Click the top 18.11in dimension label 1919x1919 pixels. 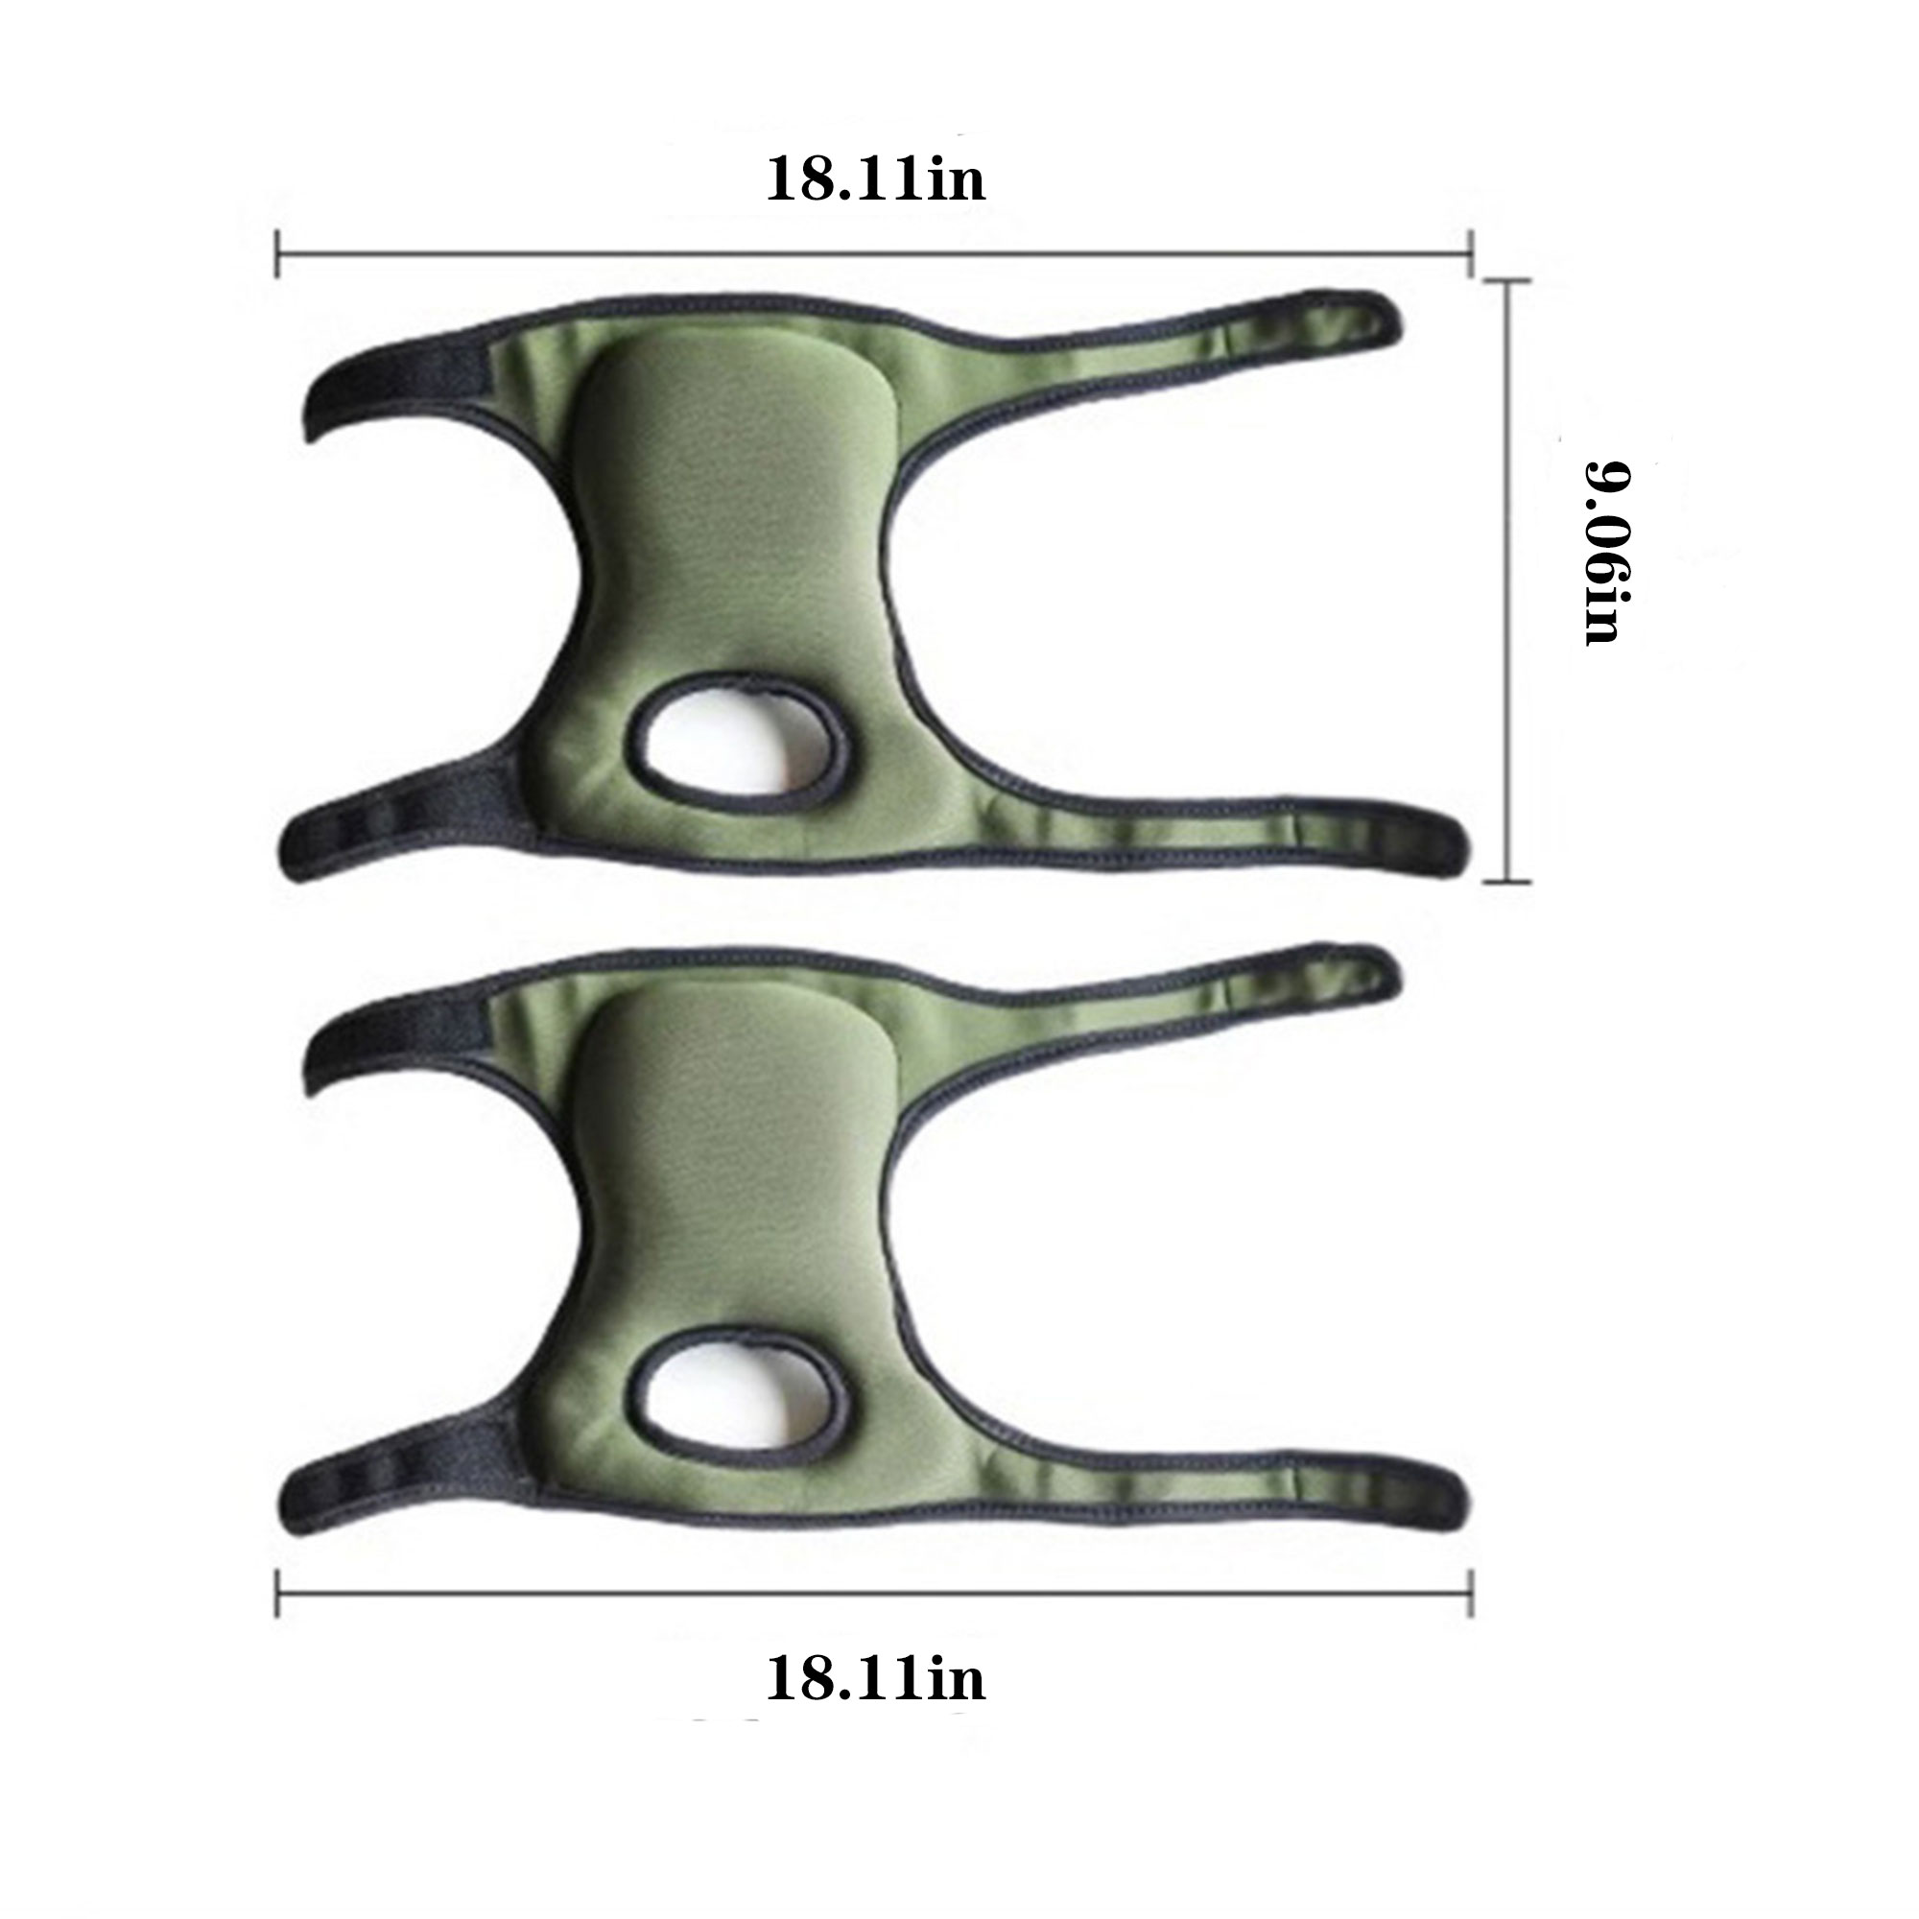tap(875, 180)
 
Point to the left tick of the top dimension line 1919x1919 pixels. tap(278, 253)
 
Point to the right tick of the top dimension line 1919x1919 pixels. tap(1471, 253)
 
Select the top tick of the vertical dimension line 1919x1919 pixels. tap(1507, 281)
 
